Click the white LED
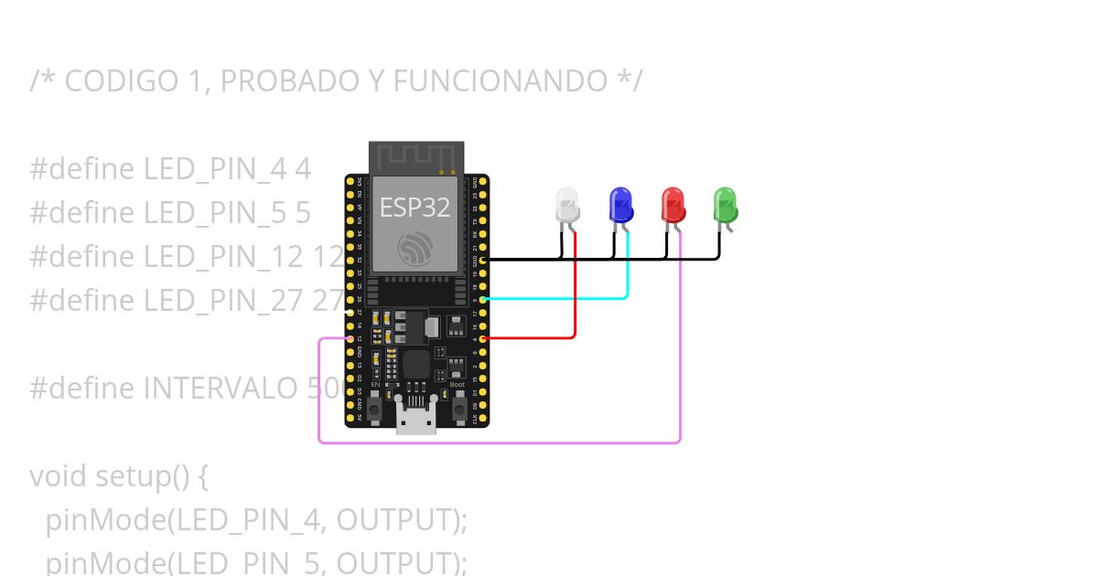[567, 205]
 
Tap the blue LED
[620, 205]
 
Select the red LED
[673, 205]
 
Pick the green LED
[725, 205]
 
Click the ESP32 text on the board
[414, 208]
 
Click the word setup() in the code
[146, 476]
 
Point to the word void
[59, 476]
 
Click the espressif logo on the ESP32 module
[414, 248]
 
